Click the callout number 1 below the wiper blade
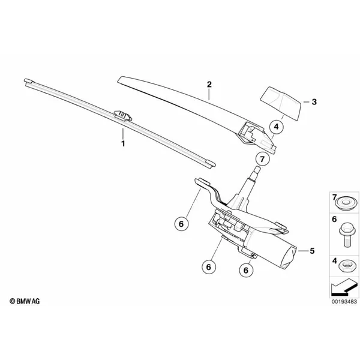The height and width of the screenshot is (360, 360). tap(123, 144)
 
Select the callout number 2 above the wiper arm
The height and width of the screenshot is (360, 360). tap(209, 85)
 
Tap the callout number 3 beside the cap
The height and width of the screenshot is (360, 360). tap(314, 102)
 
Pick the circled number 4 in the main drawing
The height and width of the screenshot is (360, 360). tap(276, 127)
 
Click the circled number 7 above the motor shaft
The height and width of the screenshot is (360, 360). tap(262, 159)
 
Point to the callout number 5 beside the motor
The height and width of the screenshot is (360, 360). tap(312, 251)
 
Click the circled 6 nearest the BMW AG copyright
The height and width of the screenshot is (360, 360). tap(181, 224)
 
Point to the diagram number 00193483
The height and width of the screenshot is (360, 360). tap(344, 301)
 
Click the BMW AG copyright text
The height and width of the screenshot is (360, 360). tap(25, 301)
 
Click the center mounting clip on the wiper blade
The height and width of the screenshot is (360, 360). tap(123, 115)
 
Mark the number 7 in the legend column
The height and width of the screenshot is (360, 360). tap(334, 197)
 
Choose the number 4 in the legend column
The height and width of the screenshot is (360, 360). tap(335, 261)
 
